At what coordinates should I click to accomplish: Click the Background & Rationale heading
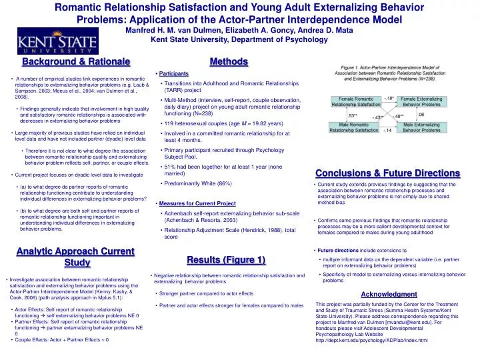coord(75,62)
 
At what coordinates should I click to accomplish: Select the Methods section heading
coord(229,62)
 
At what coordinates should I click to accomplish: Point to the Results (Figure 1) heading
coord(226,259)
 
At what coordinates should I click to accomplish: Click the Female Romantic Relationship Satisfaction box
coord(356,101)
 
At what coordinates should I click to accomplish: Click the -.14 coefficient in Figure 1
coord(387,130)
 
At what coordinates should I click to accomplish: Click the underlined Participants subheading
coord(173,72)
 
